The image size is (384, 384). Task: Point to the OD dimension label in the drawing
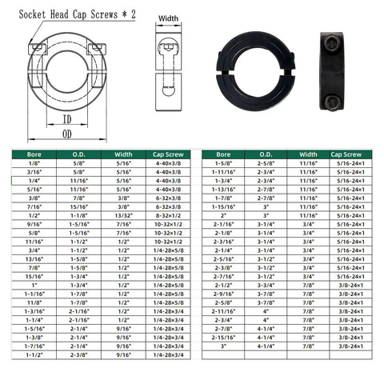pyautogui.click(x=67, y=134)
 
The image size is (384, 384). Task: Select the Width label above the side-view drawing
pyautogui.click(x=168, y=18)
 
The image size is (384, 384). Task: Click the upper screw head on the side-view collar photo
pyautogui.click(x=333, y=41)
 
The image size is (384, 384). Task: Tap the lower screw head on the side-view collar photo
pyautogui.click(x=333, y=101)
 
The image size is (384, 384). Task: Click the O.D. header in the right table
pyautogui.click(x=266, y=154)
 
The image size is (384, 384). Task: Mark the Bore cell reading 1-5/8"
pyautogui.click(x=224, y=164)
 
